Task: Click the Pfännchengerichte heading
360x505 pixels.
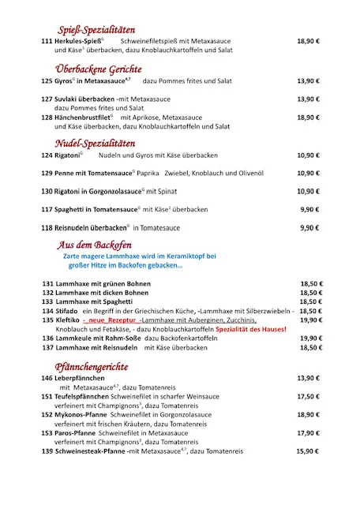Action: click(93, 367)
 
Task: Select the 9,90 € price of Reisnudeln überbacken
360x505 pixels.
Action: click(310, 228)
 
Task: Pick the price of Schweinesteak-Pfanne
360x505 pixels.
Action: click(309, 451)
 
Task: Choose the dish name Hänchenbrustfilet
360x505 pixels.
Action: click(84, 117)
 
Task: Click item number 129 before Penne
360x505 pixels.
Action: click(47, 174)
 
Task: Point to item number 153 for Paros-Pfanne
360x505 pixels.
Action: click(47, 433)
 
